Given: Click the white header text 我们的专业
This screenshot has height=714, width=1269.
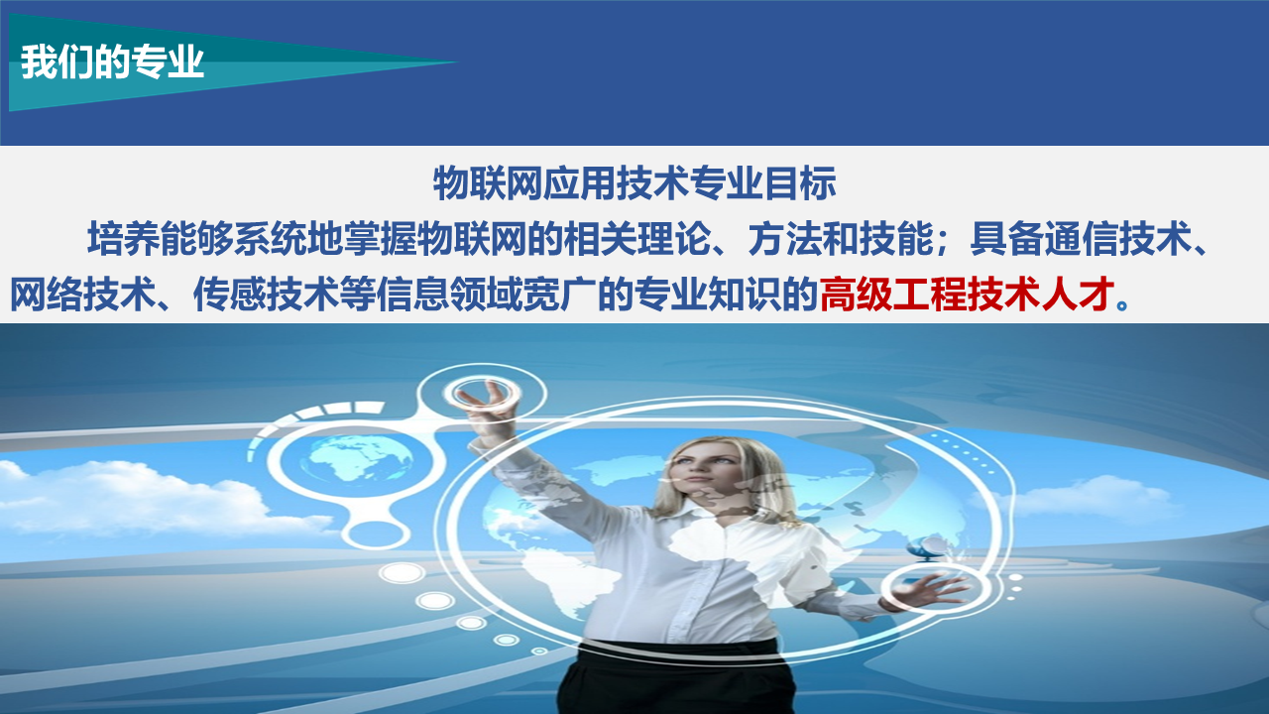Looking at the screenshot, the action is [x=112, y=61].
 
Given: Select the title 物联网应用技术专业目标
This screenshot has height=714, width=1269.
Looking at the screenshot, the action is [x=634, y=183].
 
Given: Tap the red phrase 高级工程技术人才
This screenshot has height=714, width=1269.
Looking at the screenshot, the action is [x=967, y=295].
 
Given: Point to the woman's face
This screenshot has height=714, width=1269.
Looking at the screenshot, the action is [x=708, y=477].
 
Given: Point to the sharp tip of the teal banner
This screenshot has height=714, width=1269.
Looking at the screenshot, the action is [x=457, y=61].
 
